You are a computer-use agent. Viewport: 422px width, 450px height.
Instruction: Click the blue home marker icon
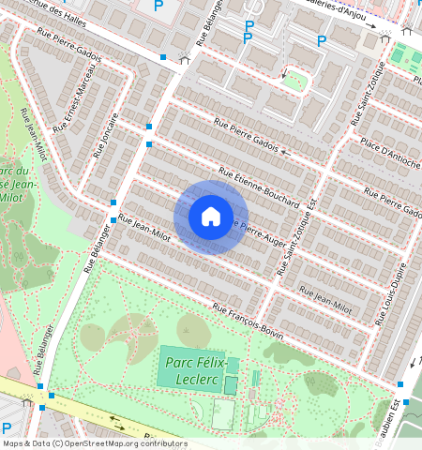(211, 217)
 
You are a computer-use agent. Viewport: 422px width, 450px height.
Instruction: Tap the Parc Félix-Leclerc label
(197, 367)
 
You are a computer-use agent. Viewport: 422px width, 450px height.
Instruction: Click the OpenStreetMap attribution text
(94, 443)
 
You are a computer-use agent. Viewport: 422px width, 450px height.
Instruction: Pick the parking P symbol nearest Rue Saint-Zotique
(322, 40)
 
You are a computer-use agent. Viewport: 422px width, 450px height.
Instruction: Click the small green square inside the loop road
(293, 81)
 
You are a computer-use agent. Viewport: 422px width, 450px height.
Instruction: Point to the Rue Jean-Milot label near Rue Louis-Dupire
(328, 301)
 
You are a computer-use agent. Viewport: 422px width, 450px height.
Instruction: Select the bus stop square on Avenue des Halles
(163, 57)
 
